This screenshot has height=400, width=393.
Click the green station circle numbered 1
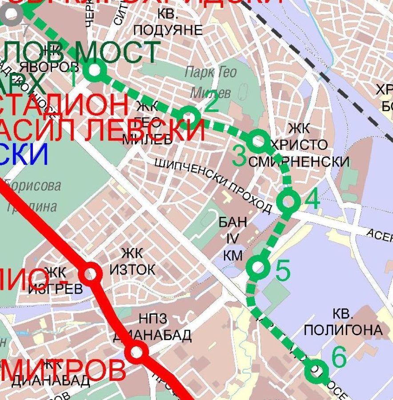(94, 70)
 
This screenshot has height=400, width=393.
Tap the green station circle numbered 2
(189, 116)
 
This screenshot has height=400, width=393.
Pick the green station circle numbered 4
(289, 201)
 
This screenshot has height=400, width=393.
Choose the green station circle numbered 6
(316, 370)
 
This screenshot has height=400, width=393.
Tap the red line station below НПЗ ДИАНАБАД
(136, 352)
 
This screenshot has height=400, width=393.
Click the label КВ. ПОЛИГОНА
(343, 322)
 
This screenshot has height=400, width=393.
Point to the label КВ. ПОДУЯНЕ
(168, 22)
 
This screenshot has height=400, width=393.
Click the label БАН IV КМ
(233, 238)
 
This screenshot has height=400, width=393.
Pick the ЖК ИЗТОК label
(132, 261)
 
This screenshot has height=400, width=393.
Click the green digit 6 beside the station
(339, 357)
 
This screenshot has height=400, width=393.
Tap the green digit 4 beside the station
(312, 199)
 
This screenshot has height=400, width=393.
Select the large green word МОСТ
(118, 52)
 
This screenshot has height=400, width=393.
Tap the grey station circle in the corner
(11, 13)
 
